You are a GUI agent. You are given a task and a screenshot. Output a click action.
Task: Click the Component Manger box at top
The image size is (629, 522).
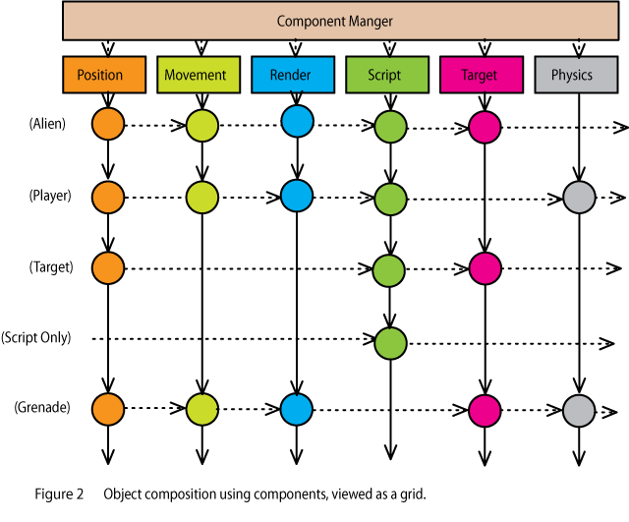pos(335,21)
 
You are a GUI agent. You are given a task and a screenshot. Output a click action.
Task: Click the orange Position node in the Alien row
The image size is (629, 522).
pos(107,124)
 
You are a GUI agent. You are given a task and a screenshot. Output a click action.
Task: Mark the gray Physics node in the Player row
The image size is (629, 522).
pos(579,196)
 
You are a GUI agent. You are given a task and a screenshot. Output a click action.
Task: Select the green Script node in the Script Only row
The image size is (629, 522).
pos(390,342)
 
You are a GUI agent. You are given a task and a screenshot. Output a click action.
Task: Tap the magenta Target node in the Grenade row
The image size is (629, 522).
pos(484,408)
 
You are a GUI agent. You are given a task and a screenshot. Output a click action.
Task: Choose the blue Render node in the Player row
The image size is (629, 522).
pos(296,196)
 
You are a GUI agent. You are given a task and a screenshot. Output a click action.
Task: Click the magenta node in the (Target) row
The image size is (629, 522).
pos(484,265)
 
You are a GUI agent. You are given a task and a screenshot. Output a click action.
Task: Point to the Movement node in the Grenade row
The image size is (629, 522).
pos(201,408)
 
